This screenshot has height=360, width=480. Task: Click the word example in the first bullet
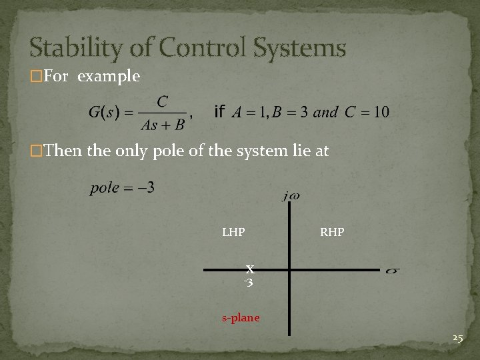[109, 77]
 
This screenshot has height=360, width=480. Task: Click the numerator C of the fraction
[162, 101]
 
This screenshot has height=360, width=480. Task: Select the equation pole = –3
[123, 187]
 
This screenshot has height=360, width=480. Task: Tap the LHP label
[233, 233]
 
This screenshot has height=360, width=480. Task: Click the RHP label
[332, 233]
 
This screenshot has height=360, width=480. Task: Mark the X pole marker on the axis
[249, 269]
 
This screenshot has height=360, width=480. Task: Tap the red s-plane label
[241, 317]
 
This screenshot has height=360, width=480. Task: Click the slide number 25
[457, 339]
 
